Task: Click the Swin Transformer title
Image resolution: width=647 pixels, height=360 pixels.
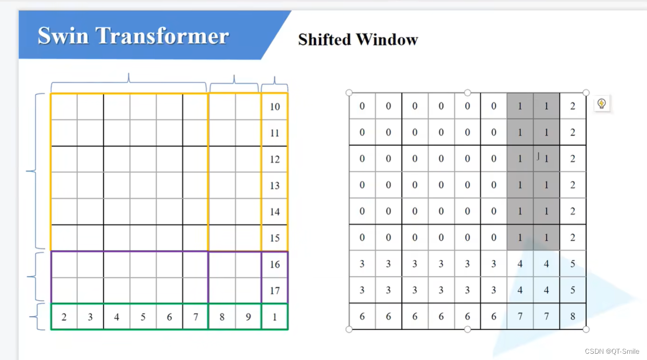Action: (x=133, y=36)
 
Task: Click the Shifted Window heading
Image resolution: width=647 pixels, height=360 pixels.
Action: (x=358, y=40)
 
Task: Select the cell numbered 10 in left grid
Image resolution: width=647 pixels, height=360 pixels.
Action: (x=275, y=107)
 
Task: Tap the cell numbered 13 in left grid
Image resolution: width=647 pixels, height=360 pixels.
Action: (x=275, y=185)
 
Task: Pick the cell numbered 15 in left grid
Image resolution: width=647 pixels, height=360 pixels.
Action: (x=275, y=238)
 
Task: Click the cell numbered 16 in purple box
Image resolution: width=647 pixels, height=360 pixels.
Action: (x=275, y=264)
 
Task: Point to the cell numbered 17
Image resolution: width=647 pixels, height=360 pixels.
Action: (x=275, y=291)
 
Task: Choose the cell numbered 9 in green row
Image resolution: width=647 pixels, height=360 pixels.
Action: (x=248, y=317)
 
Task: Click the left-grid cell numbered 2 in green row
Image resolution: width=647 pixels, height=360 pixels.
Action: (x=64, y=317)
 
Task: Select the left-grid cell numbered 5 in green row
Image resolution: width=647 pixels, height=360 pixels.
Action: (x=143, y=317)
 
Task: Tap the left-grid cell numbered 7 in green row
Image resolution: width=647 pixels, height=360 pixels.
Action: (x=195, y=317)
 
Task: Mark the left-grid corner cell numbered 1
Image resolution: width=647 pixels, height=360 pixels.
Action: (x=275, y=317)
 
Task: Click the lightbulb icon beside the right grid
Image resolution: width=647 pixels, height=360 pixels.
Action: (x=602, y=104)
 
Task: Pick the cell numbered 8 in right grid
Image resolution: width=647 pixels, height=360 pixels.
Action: (x=573, y=316)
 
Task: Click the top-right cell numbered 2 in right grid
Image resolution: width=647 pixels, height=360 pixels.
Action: (x=573, y=106)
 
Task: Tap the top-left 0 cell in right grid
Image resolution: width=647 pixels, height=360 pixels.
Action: (x=362, y=106)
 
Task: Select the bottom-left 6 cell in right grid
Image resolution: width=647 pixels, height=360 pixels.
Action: (x=362, y=316)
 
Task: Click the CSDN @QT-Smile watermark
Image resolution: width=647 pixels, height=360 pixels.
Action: (x=612, y=351)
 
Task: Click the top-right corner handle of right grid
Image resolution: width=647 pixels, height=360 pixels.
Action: (x=586, y=93)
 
